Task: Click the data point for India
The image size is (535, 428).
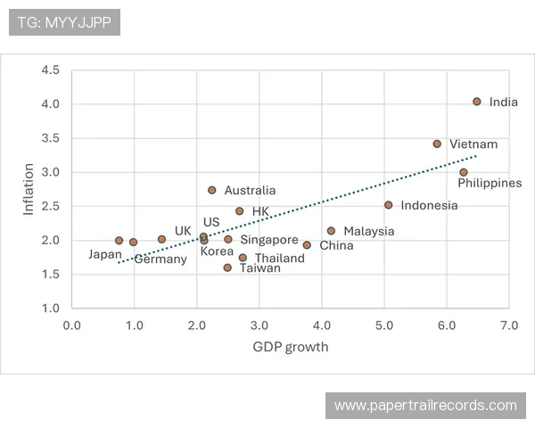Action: tap(477, 102)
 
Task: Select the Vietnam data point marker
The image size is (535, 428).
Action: tap(437, 144)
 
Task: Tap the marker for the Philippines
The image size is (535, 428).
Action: tap(464, 172)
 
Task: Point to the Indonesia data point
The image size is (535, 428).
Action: tap(389, 205)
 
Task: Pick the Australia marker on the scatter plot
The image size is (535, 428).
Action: tap(212, 190)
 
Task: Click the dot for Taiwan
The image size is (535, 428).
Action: tap(227, 267)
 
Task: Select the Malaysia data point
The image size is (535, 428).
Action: tap(332, 231)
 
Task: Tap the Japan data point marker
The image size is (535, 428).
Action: tap(119, 241)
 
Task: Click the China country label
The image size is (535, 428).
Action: tap(336, 246)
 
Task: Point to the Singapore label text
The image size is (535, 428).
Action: tap(269, 240)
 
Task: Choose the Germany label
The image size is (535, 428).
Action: tap(160, 259)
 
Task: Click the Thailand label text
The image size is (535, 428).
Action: tap(280, 259)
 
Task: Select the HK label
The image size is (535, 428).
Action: tap(260, 211)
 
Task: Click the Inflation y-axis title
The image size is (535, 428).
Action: tap(29, 189)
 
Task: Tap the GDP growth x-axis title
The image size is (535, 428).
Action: tap(291, 347)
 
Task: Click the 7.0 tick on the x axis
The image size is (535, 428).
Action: tap(509, 325)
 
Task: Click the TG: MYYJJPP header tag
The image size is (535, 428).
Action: tap(64, 21)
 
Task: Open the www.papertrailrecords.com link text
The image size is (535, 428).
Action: tap(425, 406)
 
